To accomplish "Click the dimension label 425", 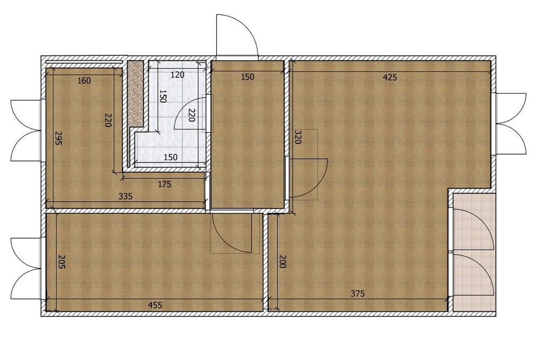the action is [x=390, y=78].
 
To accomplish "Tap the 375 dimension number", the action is [x=357, y=294].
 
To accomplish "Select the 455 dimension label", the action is [x=155, y=305].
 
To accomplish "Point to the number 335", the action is [x=125, y=197].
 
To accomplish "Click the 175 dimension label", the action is [x=164, y=184].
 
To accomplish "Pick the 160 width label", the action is [x=84, y=81].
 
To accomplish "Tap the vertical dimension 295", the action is [x=59, y=138].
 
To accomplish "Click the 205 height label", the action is [x=61, y=262].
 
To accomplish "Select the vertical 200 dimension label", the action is [x=283, y=262].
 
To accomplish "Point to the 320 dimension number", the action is [x=298, y=137].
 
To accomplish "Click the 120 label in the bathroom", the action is [x=178, y=75].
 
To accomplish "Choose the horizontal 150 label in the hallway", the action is [x=247, y=77].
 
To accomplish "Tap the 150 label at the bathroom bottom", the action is [x=171, y=157].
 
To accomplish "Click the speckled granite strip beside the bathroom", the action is [x=136, y=94].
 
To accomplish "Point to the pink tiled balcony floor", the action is [x=474, y=252].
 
